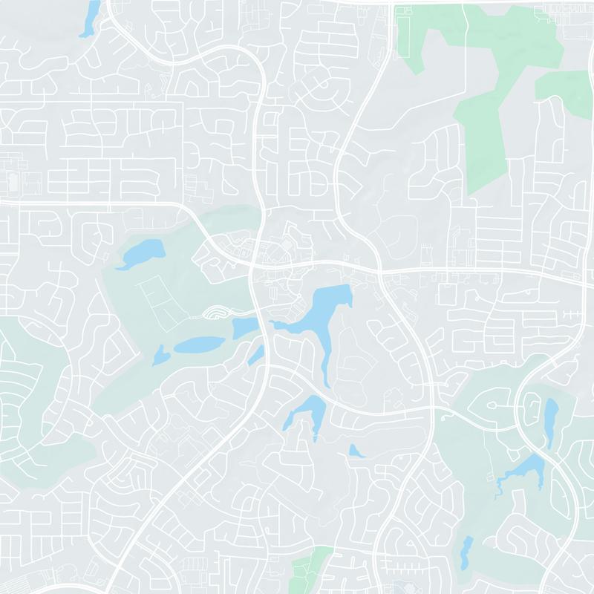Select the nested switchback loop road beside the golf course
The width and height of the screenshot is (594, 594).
coord(216,313)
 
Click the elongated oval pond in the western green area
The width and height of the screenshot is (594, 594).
coord(198,345)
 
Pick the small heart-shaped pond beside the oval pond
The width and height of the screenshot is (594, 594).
coord(160,356)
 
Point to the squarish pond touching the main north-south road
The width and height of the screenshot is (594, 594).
coord(244,327)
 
